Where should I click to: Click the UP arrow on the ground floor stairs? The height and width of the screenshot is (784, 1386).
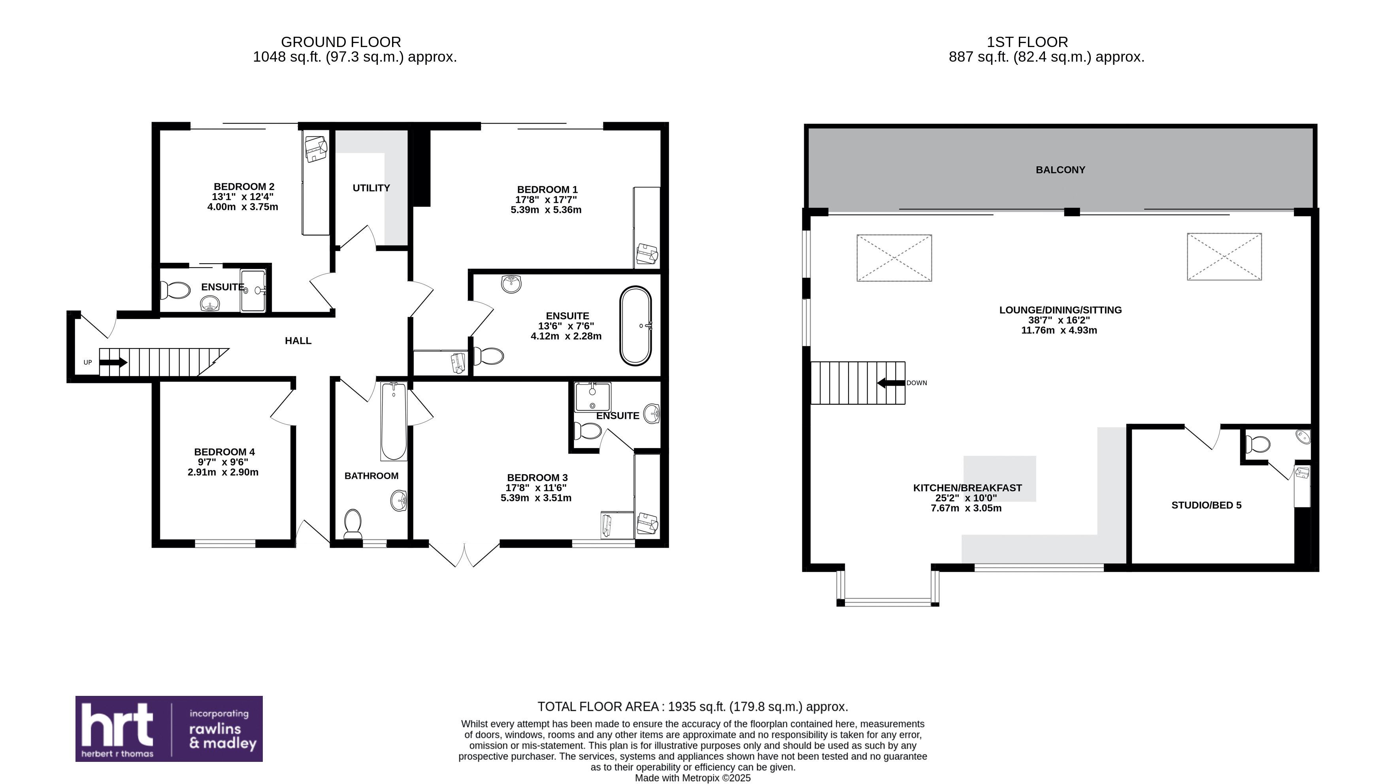click(113, 362)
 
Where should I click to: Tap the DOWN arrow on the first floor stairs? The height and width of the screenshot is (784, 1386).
click(891, 383)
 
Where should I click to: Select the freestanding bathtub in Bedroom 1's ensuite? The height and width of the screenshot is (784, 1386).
click(635, 326)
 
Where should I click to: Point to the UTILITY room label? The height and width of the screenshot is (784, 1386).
click(371, 188)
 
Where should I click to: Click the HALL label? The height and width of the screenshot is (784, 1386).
click(298, 340)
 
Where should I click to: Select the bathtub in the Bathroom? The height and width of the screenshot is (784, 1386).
click(394, 421)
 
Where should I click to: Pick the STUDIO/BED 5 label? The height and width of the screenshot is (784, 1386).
click(1206, 505)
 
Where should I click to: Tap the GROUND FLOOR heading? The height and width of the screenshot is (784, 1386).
click(341, 42)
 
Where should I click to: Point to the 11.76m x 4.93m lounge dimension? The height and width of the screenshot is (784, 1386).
click(1059, 330)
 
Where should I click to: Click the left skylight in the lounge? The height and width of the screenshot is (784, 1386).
click(894, 258)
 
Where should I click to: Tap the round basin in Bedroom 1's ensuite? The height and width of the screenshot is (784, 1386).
click(511, 284)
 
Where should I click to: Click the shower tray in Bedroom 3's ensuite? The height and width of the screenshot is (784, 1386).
click(593, 397)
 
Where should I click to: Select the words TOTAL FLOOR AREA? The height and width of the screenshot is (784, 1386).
click(598, 707)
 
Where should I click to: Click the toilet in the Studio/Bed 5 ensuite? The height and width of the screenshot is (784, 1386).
click(1258, 445)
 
